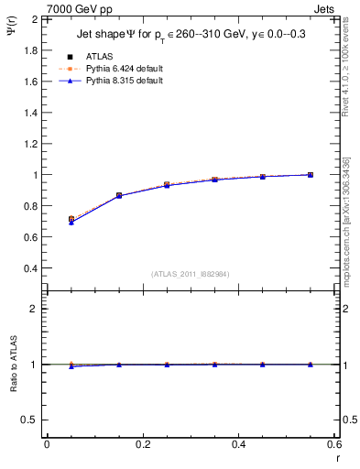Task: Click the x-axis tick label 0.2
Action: click(142, 444)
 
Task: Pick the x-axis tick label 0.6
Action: click(334, 444)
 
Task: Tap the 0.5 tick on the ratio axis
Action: click(32, 420)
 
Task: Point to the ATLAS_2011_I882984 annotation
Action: click(190, 274)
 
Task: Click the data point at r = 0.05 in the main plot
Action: click(71, 220)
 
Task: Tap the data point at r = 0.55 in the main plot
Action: click(311, 175)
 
